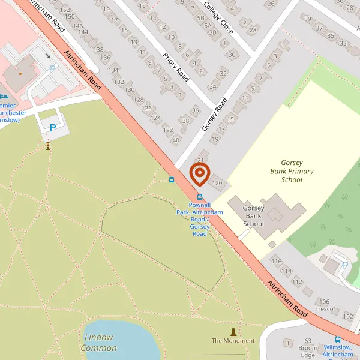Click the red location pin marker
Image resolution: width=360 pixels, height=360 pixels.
coord(199,175)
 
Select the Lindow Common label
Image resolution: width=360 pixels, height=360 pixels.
coord(99,343)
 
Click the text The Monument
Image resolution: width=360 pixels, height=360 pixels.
coord(233,341)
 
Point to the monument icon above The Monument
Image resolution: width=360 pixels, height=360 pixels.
coord(233,331)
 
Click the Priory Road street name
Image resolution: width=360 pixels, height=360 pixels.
coord(175,67)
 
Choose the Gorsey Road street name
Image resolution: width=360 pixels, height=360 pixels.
coord(215,114)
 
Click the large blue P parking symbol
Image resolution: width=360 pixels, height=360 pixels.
coord(53,127)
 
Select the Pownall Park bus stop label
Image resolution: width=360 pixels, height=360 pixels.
coord(200,219)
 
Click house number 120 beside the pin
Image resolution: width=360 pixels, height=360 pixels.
coord(217,183)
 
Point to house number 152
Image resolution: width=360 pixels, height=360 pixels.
coord(65,10)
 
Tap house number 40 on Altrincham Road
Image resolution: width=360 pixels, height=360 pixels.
coord(176,140)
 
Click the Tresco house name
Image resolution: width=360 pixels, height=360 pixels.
coord(324,309)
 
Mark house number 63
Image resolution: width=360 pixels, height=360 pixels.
coord(308,341)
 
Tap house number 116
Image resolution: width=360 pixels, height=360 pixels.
coord(276,262)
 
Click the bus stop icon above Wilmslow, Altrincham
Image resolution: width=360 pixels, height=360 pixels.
coord(338,339)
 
